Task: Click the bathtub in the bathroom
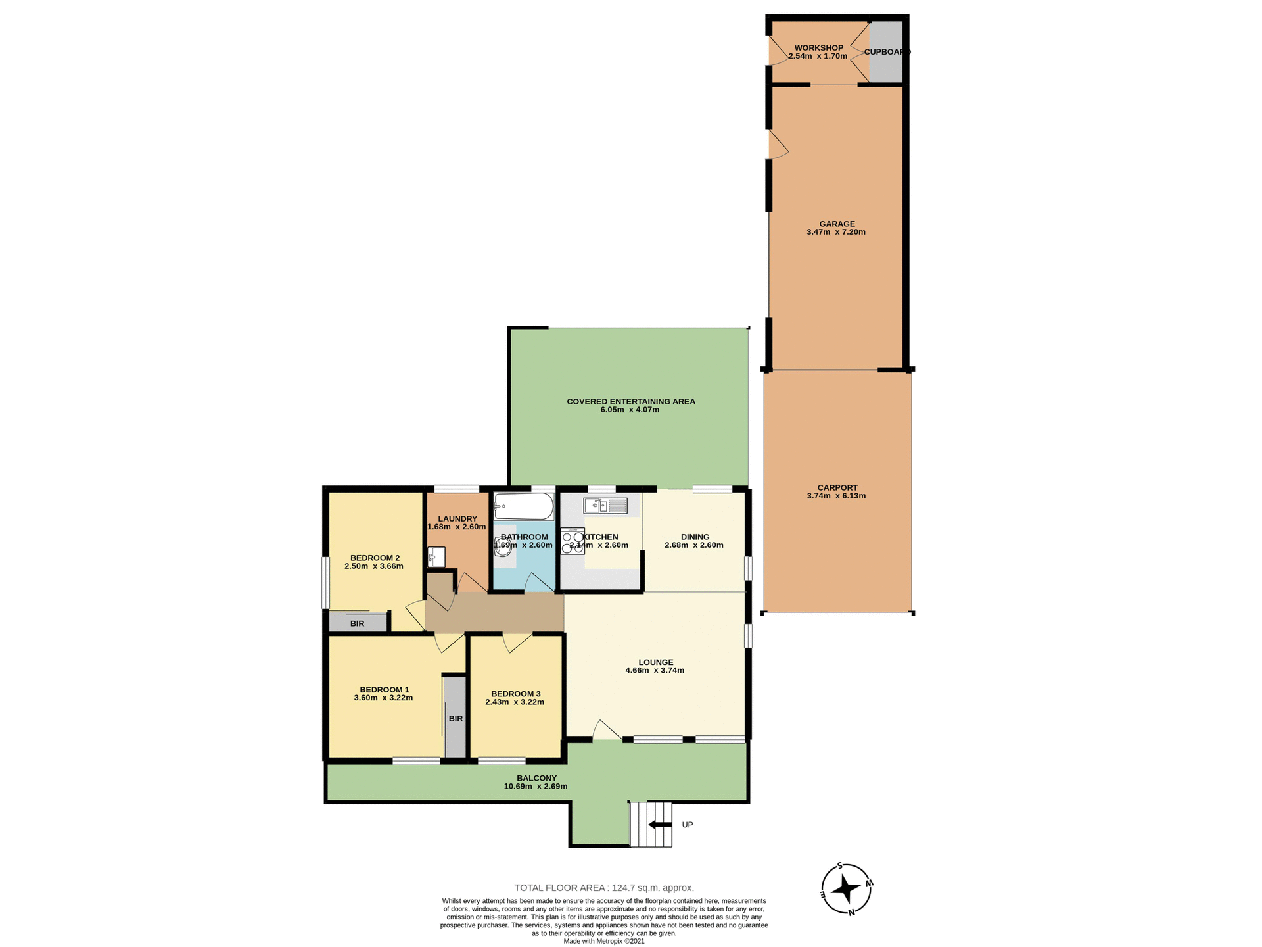point(524,507)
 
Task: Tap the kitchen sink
point(604,506)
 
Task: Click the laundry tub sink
point(436,557)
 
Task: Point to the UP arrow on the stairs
point(660,825)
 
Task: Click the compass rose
point(847,889)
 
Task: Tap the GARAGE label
point(837,224)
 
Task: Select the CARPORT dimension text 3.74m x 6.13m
point(836,496)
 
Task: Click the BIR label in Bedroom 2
point(357,623)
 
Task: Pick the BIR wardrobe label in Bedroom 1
point(456,719)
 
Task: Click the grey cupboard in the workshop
point(886,52)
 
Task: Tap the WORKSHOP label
point(818,48)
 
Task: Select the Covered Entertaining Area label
point(630,401)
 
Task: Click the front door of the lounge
point(606,731)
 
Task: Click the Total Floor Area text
point(603,888)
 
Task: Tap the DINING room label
point(695,537)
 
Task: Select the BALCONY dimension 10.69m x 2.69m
point(536,787)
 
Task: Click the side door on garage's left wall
point(778,144)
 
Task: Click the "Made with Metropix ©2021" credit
point(603,941)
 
